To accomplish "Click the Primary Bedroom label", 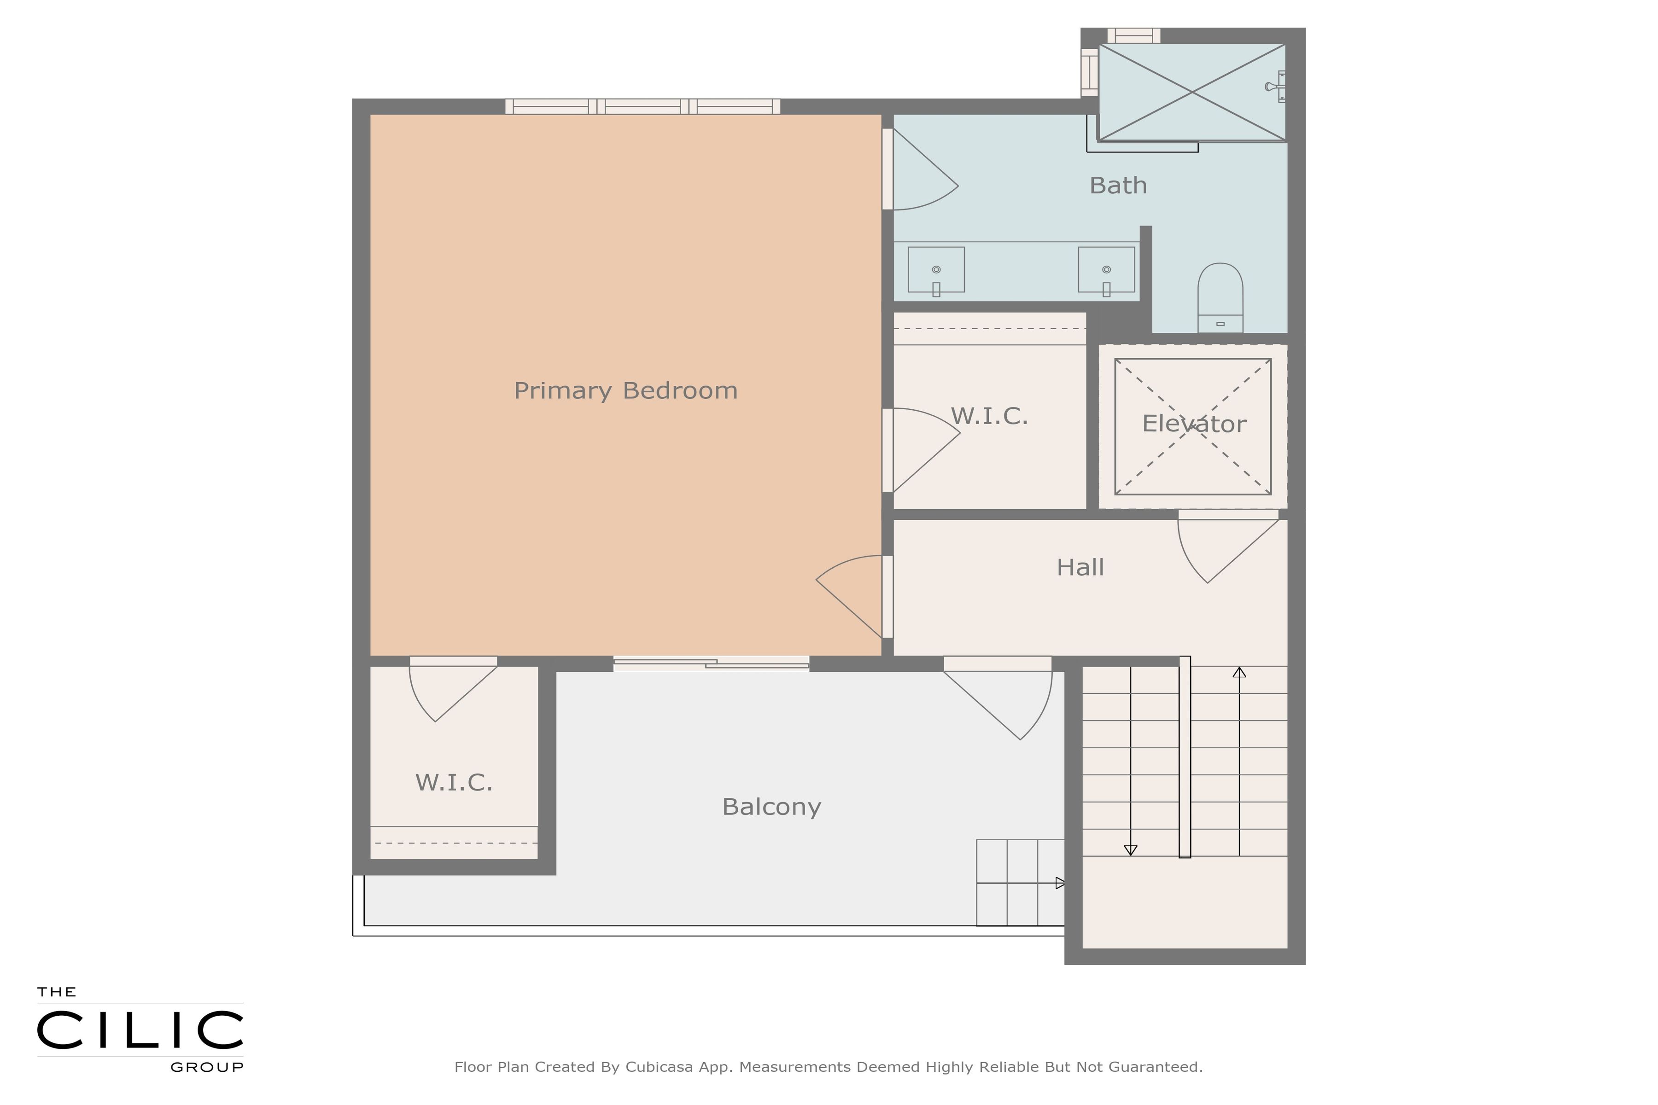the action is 625,390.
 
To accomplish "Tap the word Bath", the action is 1118,186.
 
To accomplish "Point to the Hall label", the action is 1080,567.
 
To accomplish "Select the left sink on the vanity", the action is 936,269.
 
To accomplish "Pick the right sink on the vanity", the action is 1106,269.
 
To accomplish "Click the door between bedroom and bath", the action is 920,169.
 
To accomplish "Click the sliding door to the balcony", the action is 711,663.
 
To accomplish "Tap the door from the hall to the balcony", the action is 998,698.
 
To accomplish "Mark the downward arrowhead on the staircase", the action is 1131,850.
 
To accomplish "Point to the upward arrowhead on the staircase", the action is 1239,672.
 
